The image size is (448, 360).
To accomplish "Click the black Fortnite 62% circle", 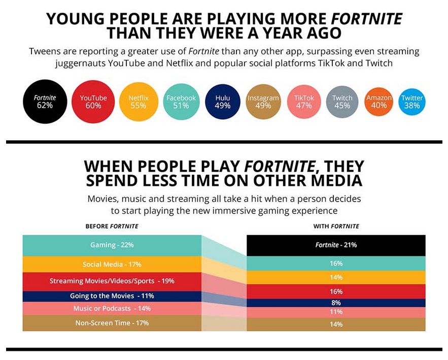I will [45, 102].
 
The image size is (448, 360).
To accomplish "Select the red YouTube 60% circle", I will [93, 102].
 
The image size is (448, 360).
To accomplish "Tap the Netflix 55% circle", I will [138, 102].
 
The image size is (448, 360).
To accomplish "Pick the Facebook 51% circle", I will [181, 102].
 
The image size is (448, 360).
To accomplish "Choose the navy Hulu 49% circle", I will [223, 102].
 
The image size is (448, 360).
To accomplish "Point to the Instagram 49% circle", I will [263, 102].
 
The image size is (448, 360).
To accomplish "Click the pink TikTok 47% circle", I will [304, 102].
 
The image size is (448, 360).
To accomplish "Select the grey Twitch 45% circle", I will [342, 102].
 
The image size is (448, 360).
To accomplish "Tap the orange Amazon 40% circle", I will [380, 102].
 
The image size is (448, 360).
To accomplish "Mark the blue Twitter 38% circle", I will [412, 102].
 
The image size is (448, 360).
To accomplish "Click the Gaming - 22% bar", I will [112, 245].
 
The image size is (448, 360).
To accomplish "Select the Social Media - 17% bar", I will [112, 264].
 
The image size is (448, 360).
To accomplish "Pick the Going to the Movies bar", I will [112, 296].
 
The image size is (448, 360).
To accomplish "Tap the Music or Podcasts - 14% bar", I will [112, 308].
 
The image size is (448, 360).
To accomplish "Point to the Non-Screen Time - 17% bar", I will [112, 323].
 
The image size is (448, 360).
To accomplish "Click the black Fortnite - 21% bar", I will [336, 245].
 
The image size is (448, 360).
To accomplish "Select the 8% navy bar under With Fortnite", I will [336, 302].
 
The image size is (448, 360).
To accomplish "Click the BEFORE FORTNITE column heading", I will [112, 226].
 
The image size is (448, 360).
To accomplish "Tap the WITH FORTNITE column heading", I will [336, 226].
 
